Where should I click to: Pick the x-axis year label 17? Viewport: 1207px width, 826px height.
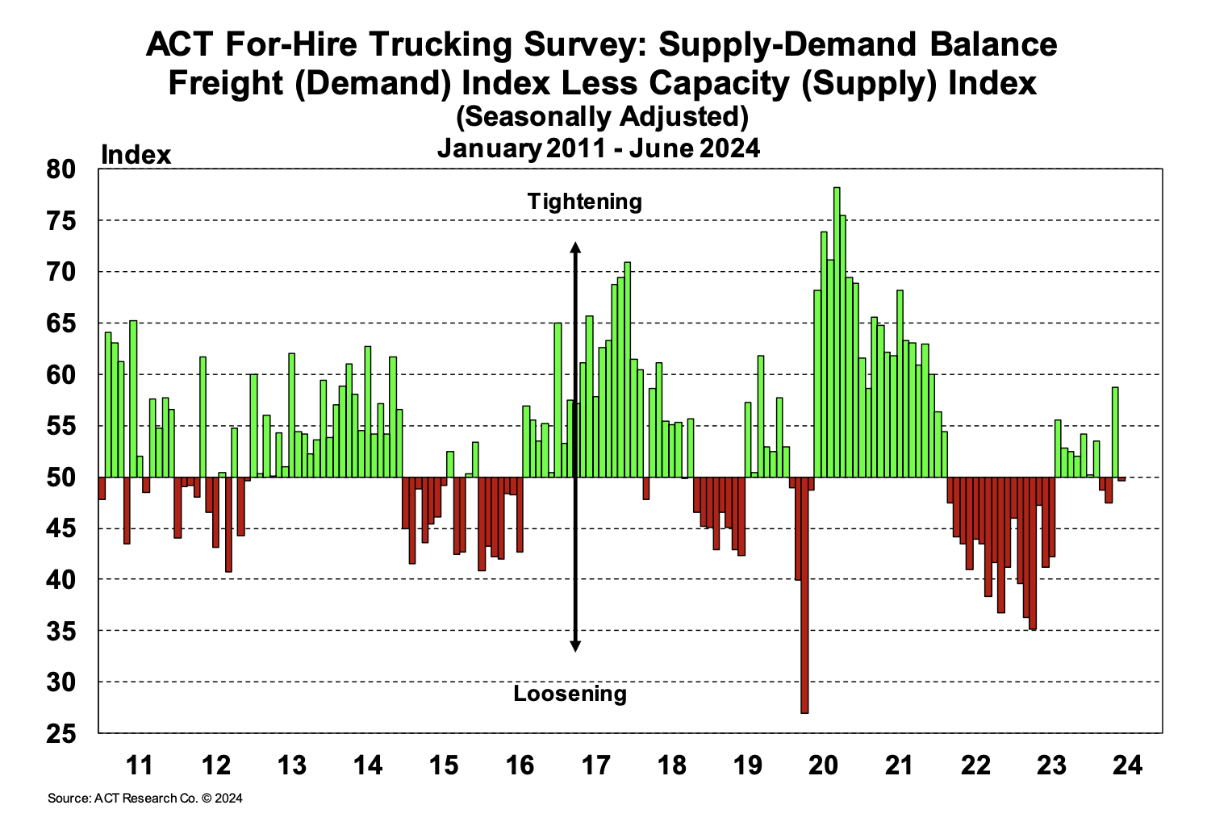click(x=595, y=764)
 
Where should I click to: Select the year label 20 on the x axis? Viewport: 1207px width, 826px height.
click(x=824, y=764)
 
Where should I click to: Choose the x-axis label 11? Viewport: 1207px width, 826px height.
click(x=140, y=764)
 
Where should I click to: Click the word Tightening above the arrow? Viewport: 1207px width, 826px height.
click(x=585, y=201)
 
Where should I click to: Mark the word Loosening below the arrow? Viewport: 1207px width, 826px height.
click(x=570, y=694)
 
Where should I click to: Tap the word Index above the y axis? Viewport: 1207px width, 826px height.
click(x=136, y=154)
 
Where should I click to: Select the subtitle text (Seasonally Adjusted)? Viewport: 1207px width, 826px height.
click(x=602, y=117)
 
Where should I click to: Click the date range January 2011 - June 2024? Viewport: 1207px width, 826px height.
click(x=598, y=148)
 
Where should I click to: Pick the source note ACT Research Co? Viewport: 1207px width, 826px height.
click(x=145, y=799)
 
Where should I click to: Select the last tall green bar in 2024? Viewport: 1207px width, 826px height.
click(x=1115, y=432)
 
